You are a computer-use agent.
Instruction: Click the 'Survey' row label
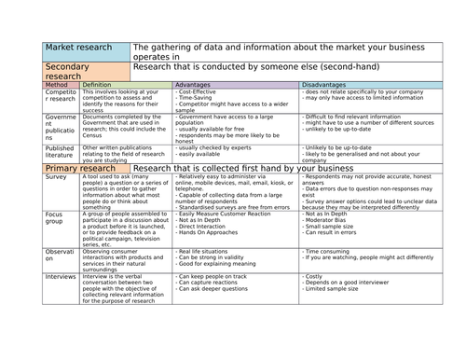point(56,176)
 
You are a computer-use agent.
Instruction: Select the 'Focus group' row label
point(56,217)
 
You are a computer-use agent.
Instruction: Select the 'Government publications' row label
point(59,128)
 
